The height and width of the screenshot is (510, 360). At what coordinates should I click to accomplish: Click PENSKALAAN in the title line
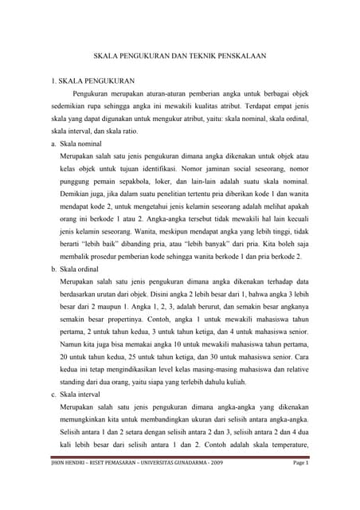pyautogui.click(x=246, y=57)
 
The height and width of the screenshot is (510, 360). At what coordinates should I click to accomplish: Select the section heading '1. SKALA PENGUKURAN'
pyautogui.click(x=92, y=81)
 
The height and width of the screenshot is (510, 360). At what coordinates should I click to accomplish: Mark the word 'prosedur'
pyautogui.click(x=99, y=257)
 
